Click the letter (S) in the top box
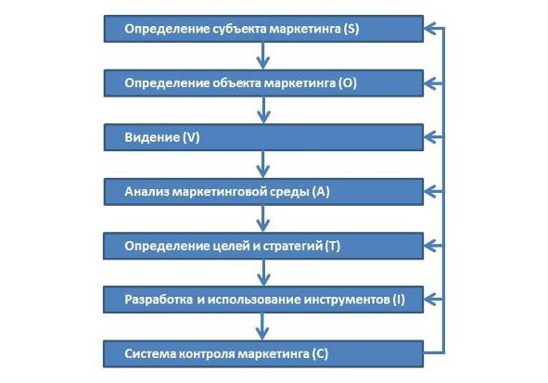point(351,29)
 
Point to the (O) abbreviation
point(348,83)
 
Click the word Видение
point(152,137)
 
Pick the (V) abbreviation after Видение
point(191,137)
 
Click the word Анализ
point(147,191)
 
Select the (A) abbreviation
point(321,191)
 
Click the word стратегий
point(292,246)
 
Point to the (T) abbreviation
point(332,246)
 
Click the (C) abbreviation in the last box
point(320,354)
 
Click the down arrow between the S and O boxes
point(263,56)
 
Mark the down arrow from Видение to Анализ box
point(263,164)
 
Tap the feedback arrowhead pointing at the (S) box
point(429,29)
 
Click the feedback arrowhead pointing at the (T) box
point(429,246)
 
